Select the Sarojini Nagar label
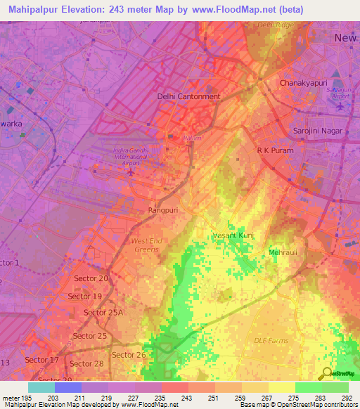point(316,131)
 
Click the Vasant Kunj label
point(233,235)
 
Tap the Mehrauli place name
point(283,252)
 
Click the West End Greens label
point(146,245)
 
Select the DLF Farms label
point(271,341)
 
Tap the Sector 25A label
point(103,312)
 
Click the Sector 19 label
point(85,296)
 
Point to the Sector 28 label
point(86,363)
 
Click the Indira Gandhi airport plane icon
point(129,171)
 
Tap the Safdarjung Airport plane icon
point(341,107)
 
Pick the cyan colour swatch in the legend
point(41,387)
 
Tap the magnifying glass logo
point(327,373)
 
